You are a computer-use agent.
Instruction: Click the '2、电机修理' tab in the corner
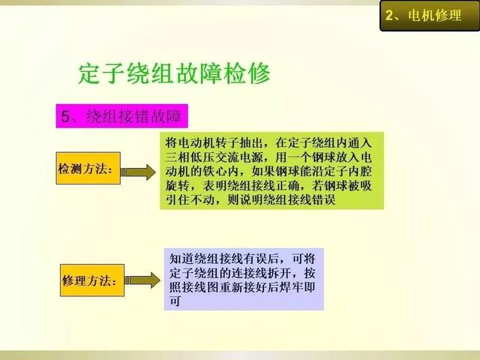[430, 16]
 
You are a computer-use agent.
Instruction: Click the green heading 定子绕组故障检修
[175, 73]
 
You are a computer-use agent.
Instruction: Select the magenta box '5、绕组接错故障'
[121, 116]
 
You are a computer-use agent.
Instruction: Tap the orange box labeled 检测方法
[88, 168]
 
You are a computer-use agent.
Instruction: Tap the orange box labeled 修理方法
[92, 280]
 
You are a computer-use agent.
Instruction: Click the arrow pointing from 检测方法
[138, 172]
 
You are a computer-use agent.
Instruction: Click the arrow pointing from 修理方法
[142, 280]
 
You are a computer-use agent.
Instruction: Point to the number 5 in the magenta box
[65, 116]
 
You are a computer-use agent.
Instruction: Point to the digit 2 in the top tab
[389, 15]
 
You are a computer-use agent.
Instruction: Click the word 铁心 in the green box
[226, 172]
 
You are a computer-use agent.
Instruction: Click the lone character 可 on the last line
[175, 301]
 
